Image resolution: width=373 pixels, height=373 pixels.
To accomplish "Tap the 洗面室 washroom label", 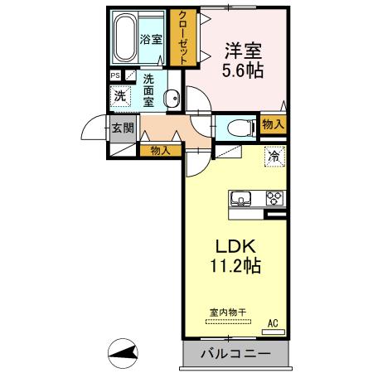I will (149, 90).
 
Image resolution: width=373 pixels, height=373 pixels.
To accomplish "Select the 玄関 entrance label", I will (123, 128).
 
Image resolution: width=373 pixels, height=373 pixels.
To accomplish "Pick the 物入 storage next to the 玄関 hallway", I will (161, 150).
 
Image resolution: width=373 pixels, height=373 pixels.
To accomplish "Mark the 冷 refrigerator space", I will (273, 155).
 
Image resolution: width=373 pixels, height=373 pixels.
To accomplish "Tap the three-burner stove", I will (274, 199).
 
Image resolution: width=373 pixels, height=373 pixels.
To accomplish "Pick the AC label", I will (273, 324).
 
